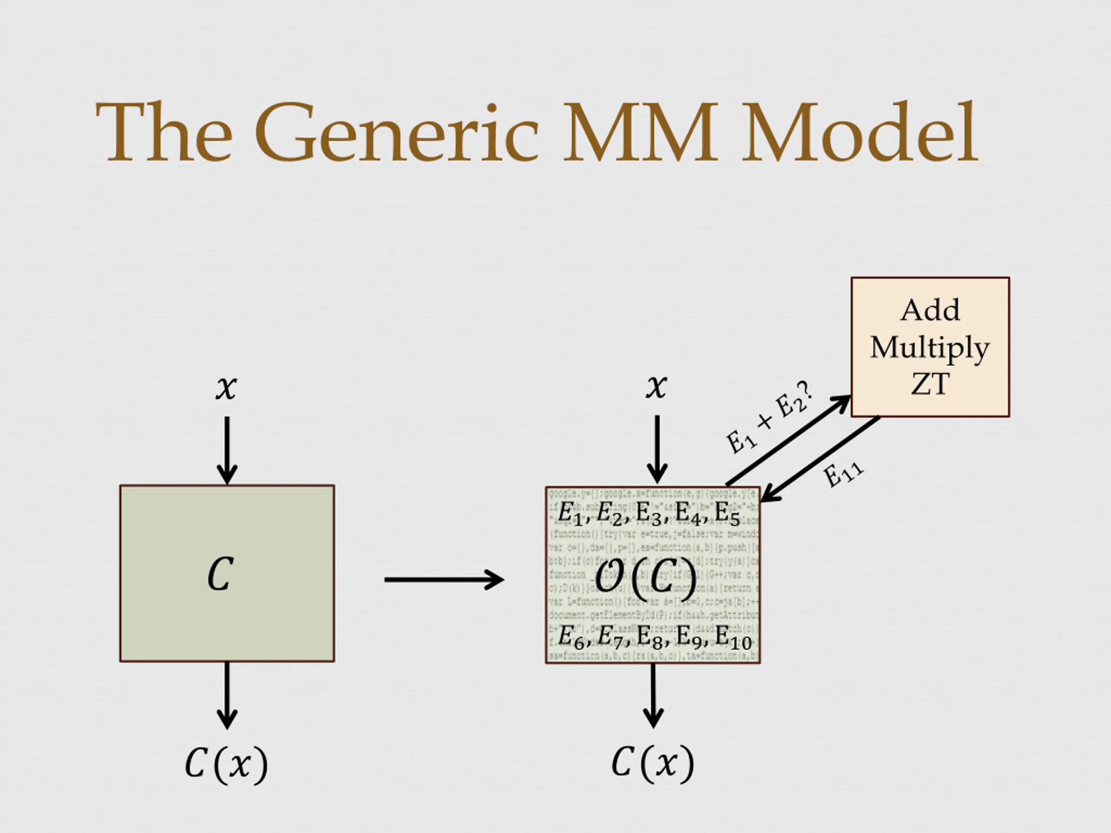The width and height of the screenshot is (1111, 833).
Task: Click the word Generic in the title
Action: pos(396,133)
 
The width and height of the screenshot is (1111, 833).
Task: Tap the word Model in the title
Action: pos(860,133)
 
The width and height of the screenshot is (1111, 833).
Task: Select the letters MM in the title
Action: pos(641,133)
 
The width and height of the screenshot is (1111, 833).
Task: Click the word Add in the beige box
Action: pos(930,310)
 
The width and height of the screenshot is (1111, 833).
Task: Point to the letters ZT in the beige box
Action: pos(930,384)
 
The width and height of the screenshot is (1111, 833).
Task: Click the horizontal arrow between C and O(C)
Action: pos(444,580)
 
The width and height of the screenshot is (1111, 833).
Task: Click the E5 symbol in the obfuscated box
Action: pos(727,514)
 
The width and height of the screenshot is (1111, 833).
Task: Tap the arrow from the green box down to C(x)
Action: pos(227,695)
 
